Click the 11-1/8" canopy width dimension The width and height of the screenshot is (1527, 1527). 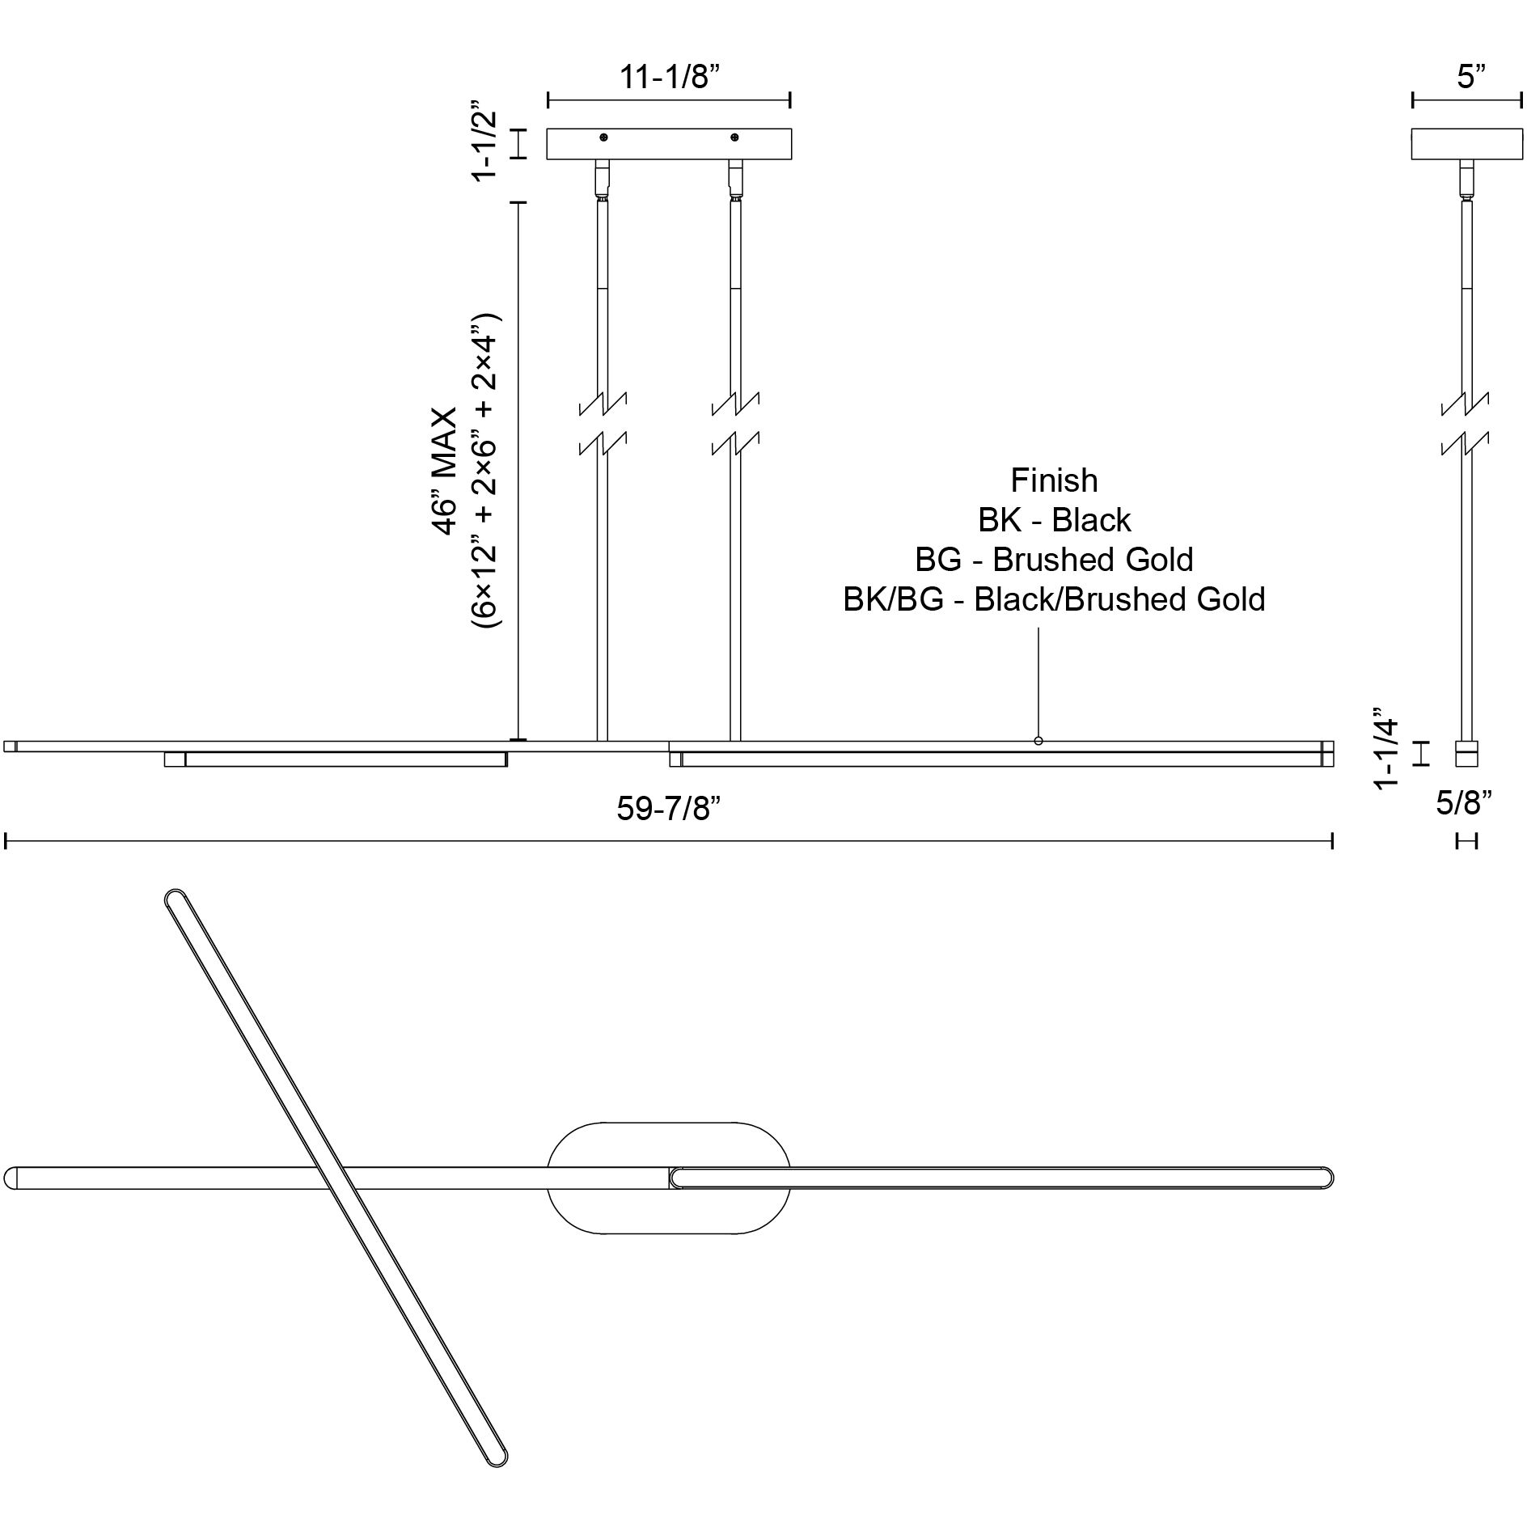(669, 78)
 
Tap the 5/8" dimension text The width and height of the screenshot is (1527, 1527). (1465, 803)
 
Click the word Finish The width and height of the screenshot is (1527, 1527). (1054, 481)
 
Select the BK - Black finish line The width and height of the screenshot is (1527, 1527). (1054, 521)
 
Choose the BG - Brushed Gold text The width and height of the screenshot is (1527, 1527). (1054, 560)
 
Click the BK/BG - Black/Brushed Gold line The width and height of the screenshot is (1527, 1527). (1054, 599)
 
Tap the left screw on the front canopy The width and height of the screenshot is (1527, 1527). (603, 137)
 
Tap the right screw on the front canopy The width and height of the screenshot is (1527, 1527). (734, 137)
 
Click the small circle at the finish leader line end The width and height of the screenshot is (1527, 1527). (1038, 741)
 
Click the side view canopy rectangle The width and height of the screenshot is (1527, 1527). (1466, 144)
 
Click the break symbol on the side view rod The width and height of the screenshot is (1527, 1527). (1466, 423)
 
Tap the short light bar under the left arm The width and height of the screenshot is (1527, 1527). (336, 759)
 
